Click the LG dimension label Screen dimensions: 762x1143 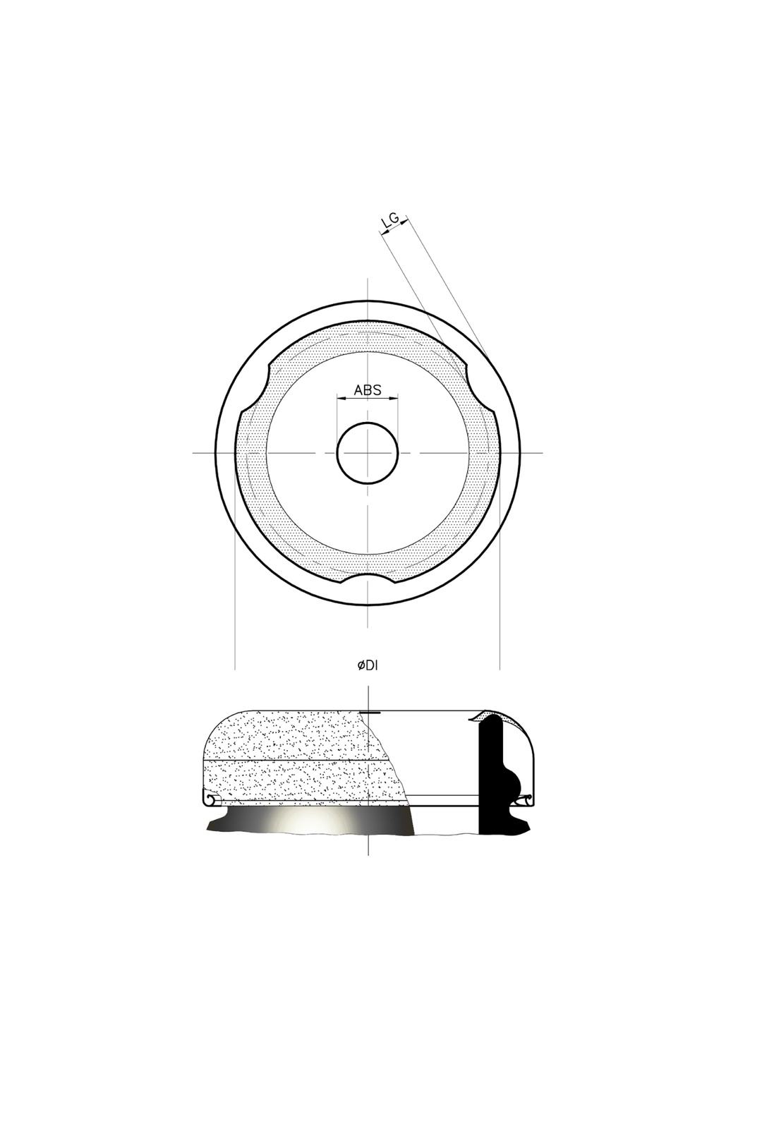(x=390, y=220)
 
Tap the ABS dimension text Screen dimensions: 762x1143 (x=368, y=390)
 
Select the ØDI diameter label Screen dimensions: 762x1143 (x=367, y=665)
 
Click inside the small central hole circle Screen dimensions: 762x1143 (x=368, y=452)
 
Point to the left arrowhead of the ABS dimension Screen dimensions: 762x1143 (x=340, y=399)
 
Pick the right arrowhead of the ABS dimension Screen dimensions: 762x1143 (x=394, y=399)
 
